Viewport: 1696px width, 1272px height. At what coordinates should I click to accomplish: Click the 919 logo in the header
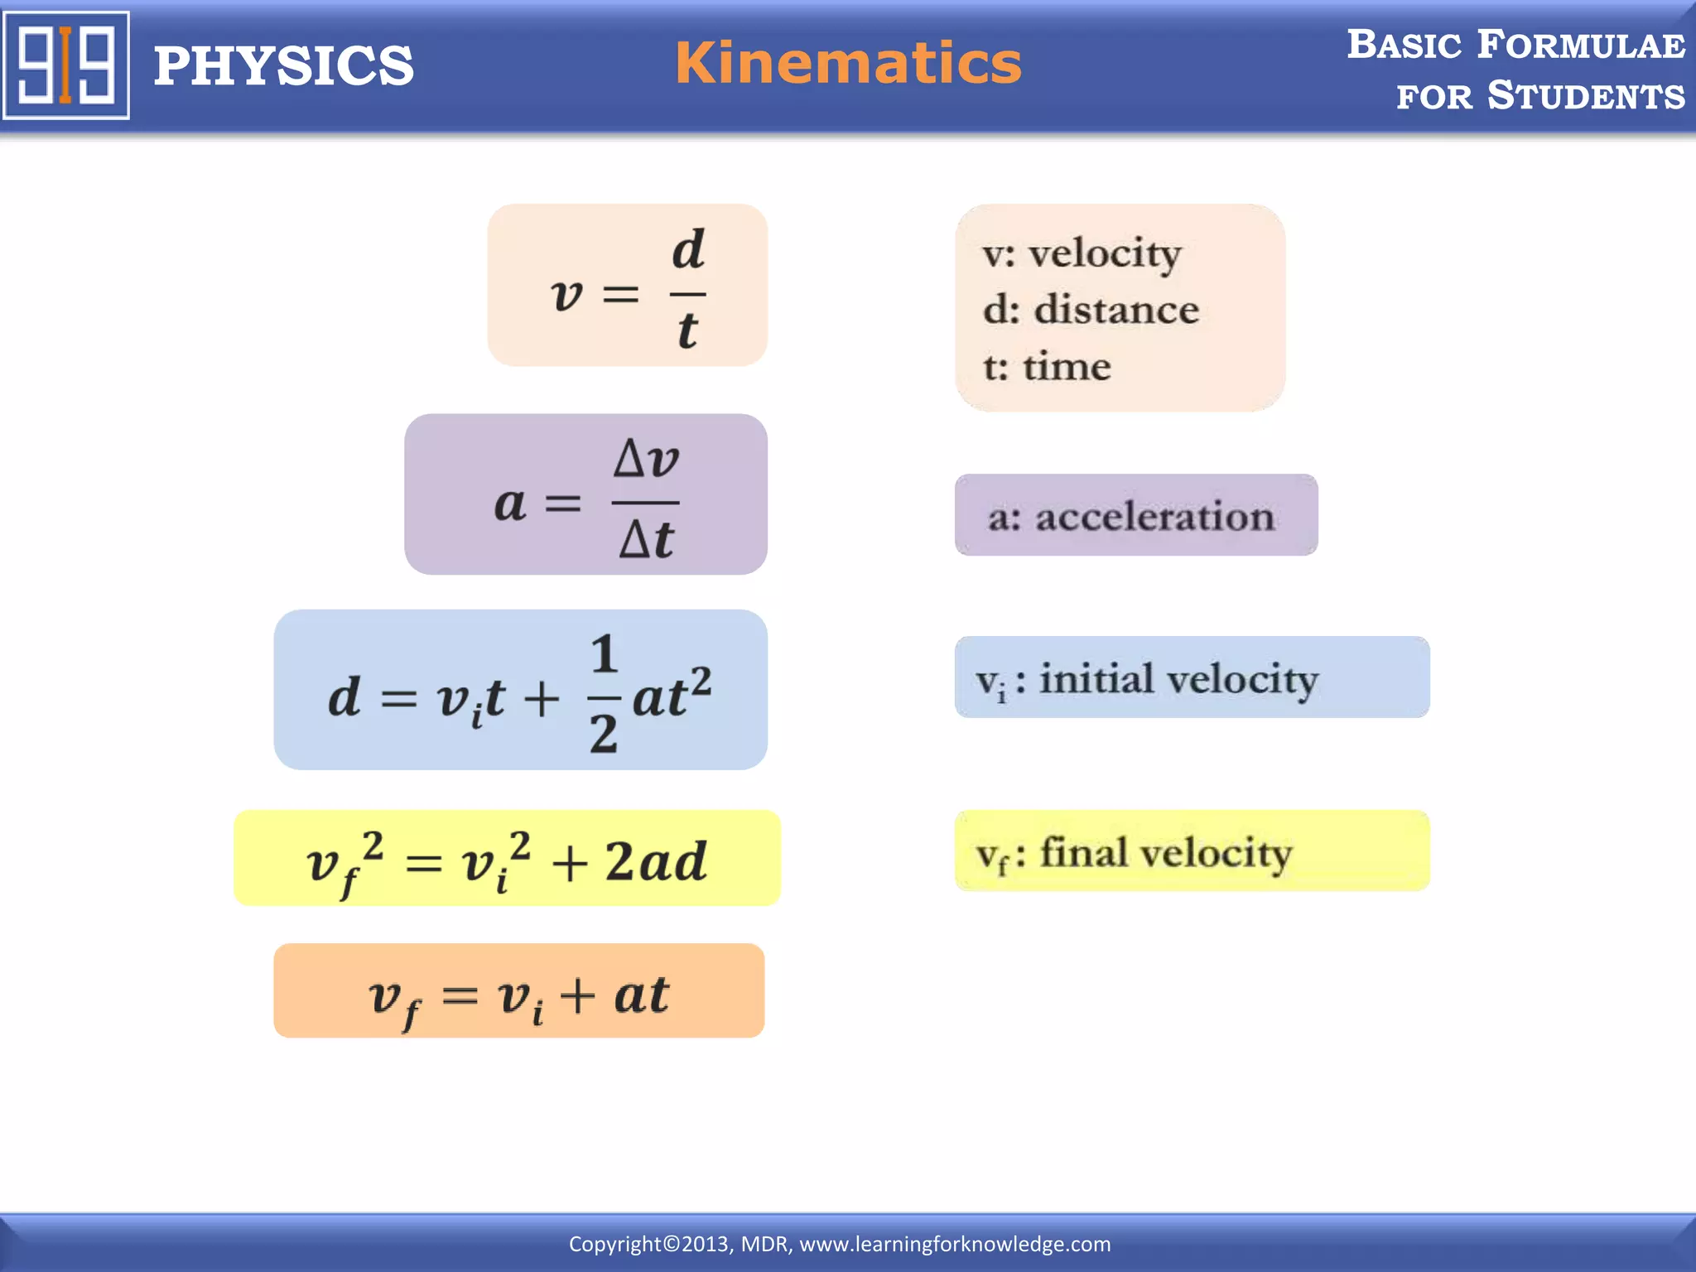point(66,65)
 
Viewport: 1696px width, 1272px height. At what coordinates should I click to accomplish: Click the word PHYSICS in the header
point(283,66)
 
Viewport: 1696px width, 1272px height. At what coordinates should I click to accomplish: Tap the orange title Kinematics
point(848,63)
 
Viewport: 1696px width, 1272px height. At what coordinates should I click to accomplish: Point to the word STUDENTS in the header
point(1586,96)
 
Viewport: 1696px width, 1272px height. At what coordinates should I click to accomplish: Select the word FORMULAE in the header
point(1581,45)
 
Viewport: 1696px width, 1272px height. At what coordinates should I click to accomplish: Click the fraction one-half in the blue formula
point(604,694)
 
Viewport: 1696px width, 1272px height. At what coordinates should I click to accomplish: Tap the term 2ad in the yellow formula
point(655,861)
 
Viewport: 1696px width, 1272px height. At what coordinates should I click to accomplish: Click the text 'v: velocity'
point(1082,253)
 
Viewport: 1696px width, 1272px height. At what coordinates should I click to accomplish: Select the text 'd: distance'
point(1091,310)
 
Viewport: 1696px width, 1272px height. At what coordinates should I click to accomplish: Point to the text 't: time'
point(1047,366)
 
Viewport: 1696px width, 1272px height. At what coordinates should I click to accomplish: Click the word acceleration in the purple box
point(1154,517)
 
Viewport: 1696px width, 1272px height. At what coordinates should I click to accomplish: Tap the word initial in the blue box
point(1096,678)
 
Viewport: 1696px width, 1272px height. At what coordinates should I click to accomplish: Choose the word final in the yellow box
point(1082,852)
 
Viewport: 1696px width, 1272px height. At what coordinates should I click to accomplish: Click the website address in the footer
point(955,1244)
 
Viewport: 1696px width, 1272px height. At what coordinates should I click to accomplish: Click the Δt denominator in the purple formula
point(646,540)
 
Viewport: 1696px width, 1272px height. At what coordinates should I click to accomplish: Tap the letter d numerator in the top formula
point(688,249)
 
